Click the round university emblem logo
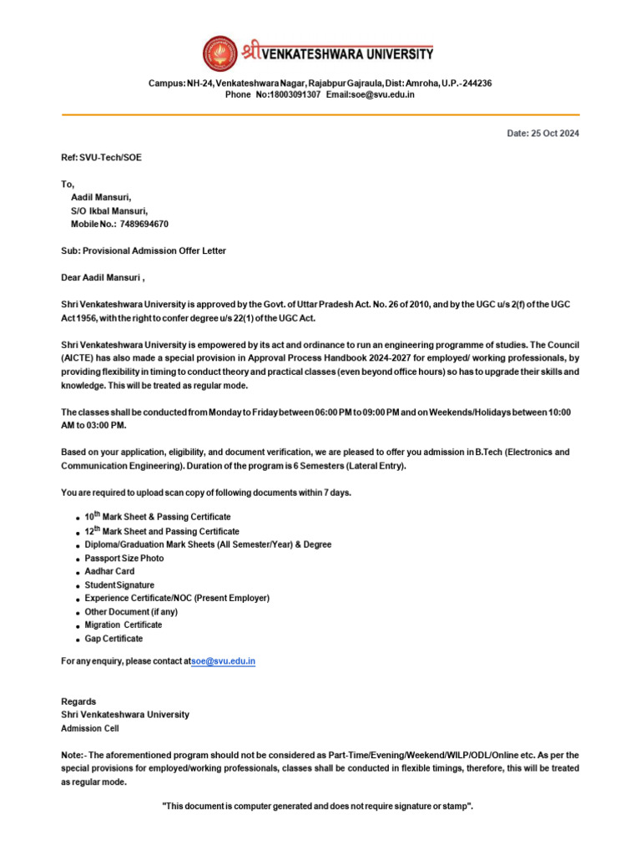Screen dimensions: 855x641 click(220, 53)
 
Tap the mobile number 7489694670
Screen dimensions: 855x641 click(144, 225)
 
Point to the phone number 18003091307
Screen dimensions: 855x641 click(293, 94)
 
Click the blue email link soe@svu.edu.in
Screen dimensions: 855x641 click(224, 661)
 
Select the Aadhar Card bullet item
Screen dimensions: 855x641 click(109, 572)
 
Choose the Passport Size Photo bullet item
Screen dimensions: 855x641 click(124, 558)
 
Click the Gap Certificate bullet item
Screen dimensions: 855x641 click(114, 639)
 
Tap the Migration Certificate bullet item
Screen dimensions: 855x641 click(124, 625)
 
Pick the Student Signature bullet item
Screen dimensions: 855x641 click(119, 585)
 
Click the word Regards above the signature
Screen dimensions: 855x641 click(78, 701)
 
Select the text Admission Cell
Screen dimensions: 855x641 click(90, 728)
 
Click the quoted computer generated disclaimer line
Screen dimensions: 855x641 click(317, 807)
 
